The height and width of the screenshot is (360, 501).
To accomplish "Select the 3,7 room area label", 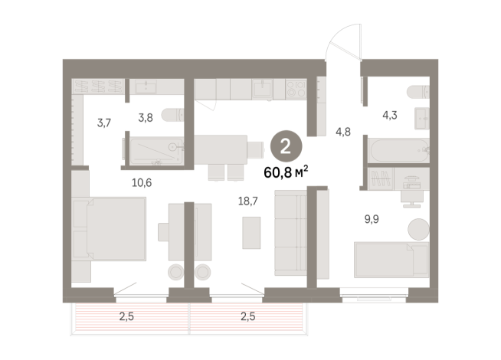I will (x=104, y=123).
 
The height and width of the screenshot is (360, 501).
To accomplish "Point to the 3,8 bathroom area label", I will (x=146, y=119).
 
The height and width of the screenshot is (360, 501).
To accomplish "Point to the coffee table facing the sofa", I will (x=252, y=232).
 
